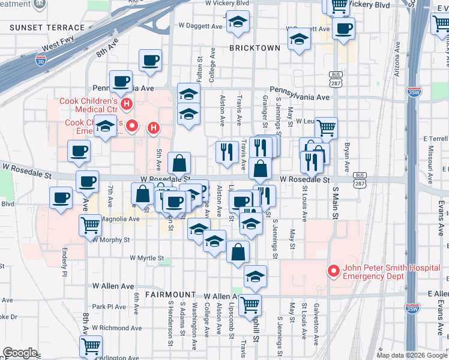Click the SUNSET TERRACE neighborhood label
click(47, 28)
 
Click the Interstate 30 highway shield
click(40, 61)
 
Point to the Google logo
click(20, 352)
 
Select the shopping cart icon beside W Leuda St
click(326, 127)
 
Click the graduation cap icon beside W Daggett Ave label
click(238, 24)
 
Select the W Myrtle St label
click(146, 258)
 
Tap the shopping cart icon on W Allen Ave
click(250, 304)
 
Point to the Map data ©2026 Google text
click(411, 355)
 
